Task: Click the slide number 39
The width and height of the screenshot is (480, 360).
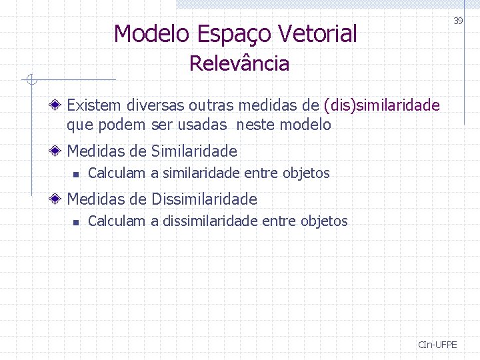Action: tap(458, 21)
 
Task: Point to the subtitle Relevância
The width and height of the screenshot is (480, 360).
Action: tap(239, 64)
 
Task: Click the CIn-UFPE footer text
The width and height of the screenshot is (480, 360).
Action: tap(437, 345)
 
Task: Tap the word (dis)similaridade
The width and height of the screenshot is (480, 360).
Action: tap(381, 105)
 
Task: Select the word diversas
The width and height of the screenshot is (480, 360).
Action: tap(155, 105)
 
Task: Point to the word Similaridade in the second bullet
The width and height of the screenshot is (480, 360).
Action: tap(195, 151)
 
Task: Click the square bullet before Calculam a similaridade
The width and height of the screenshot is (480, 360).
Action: tap(76, 174)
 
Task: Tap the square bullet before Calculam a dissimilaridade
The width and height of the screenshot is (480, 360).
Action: tap(76, 221)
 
